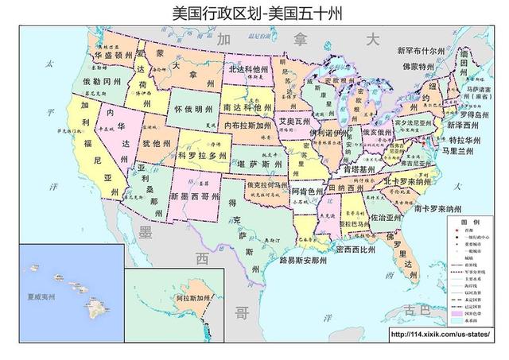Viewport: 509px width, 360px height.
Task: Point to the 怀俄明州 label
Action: [194, 108]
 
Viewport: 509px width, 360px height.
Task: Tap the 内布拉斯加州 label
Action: [251, 126]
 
